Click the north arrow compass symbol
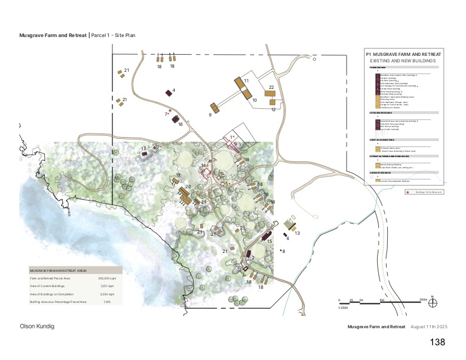tap(433, 303)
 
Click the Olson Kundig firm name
tap(38, 326)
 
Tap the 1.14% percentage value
tap(108, 301)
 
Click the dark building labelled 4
tap(168, 92)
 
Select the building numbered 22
tap(270, 93)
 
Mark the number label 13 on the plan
tap(297, 234)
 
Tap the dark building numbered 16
tap(175, 119)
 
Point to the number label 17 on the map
tap(143, 148)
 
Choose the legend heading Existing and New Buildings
tap(402, 61)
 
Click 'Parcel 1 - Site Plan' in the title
tap(113, 35)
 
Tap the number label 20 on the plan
tap(188, 187)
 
